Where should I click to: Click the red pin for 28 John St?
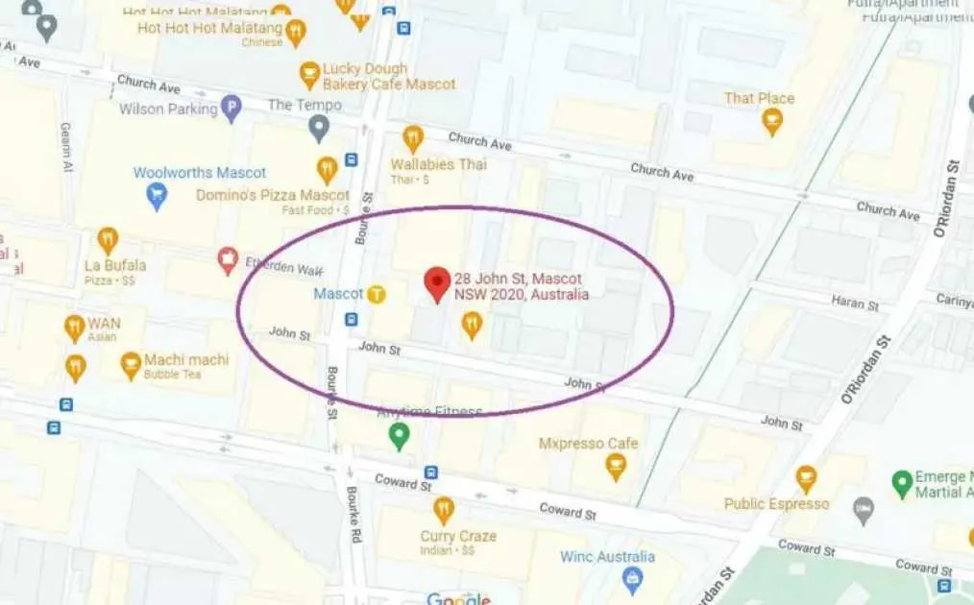tap(437, 283)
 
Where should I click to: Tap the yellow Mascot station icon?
tap(377, 295)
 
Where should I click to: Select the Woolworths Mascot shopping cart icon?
tap(156, 196)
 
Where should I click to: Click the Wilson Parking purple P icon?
tap(231, 109)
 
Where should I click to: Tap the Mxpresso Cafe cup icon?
tap(616, 466)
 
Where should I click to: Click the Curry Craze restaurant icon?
tap(443, 510)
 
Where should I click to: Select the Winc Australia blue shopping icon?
tap(632, 578)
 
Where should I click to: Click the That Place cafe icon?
tap(771, 121)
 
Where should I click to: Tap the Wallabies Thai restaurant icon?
tap(413, 138)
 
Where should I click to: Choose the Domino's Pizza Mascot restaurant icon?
tap(328, 170)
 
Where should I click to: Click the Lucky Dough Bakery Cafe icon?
tap(309, 74)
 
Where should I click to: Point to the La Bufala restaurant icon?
tap(108, 240)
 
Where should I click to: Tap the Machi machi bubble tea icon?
tap(131, 364)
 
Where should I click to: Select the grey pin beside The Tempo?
tap(319, 127)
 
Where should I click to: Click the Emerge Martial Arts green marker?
tap(901, 483)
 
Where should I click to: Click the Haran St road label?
tap(854, 303)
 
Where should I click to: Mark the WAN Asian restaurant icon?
tap(75, 327)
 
